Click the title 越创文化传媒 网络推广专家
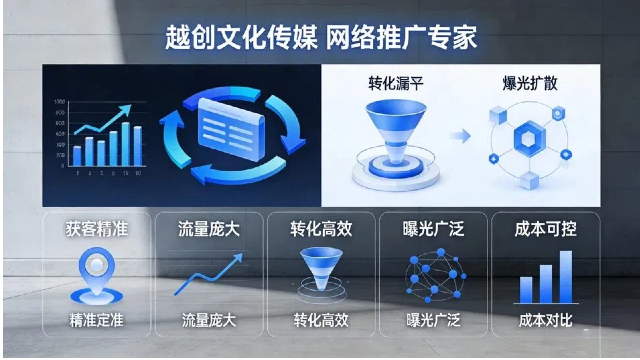tap(320, 37)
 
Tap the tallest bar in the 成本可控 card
tap(565, 276)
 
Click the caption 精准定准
tap(95, 321)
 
